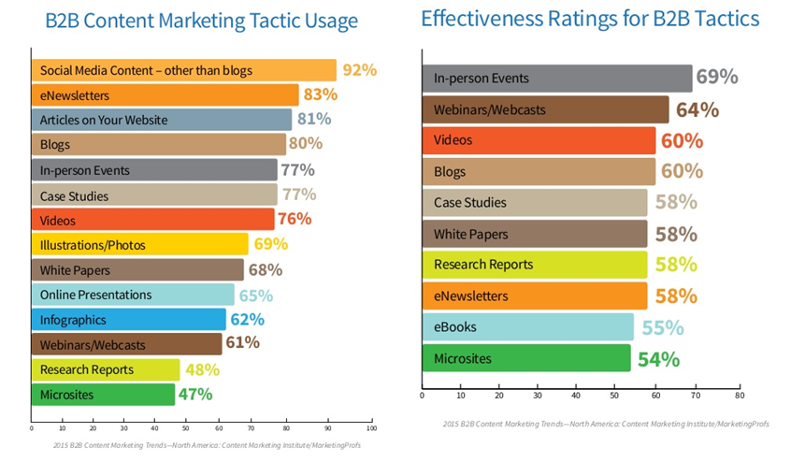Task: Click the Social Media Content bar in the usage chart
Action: [x=183, y=70]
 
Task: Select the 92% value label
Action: [x=358, y=70]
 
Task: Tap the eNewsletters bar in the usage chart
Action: [x=165, y=94]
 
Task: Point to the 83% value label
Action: [x=321, y=94]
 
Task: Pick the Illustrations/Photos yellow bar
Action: [x=140, y=245]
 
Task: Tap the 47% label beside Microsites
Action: [x=194, y=395]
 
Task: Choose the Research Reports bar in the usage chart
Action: [x=105, y=369]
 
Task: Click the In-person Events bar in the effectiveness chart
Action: [x=557, y=79]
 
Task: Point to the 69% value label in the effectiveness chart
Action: [x=717, y=78]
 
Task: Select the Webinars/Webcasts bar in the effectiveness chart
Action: [x=546, y=109]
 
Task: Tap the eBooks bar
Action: [x=528, y=327]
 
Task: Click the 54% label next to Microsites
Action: [x=658, y=359]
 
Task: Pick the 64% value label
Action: [x=697, y=109]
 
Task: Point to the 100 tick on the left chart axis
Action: [x=371, y=429]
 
